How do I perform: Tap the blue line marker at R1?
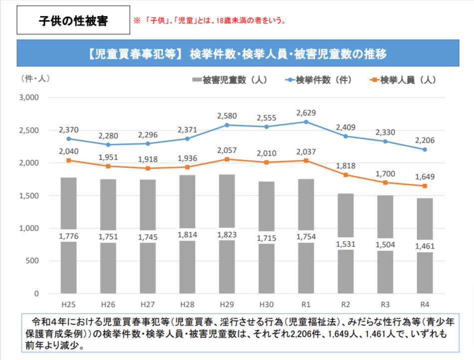(306, 122)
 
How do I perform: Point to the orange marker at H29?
(227, 159)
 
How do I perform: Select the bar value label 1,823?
(227, 235)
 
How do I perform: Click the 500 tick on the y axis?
(32, 261)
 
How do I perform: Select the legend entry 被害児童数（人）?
(229, 79)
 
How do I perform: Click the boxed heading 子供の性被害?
(73, 21)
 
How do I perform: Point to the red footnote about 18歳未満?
(209, 21)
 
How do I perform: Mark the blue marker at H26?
(108, 145)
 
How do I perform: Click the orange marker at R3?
(385, 182)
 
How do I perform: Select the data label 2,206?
(425, 140)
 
